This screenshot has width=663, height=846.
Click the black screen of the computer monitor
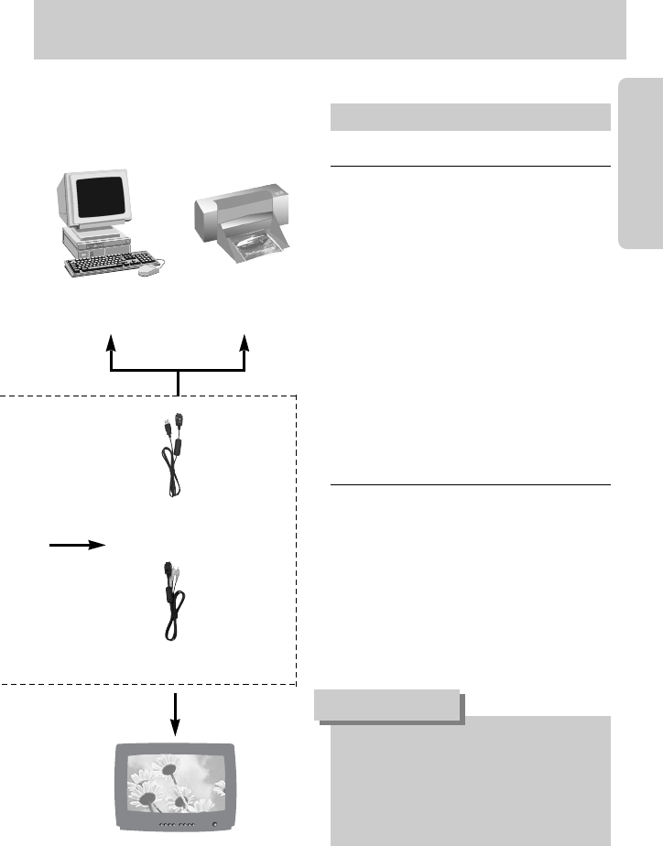pyautogui.click(x=102, y=199)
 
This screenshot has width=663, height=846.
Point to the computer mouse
pyautogui.click(x=147, y=271)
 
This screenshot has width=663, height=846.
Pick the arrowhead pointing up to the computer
pyautogui.click(x=111, y=342)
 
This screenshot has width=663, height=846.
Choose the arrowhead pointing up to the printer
pyautogui.click(x=245, y=342)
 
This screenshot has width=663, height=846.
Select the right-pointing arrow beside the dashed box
pyautogui.click(x=77, y=544)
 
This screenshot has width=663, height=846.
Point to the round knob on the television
pyautogui.click(x=215, y=825)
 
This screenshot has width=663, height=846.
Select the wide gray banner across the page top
pyautogui.click(x=330, y=30)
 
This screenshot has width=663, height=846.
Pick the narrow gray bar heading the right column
pyautogui.click(x=469, y=117)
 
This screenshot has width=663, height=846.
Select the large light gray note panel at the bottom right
pyautogui.click(x=469, y=778)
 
